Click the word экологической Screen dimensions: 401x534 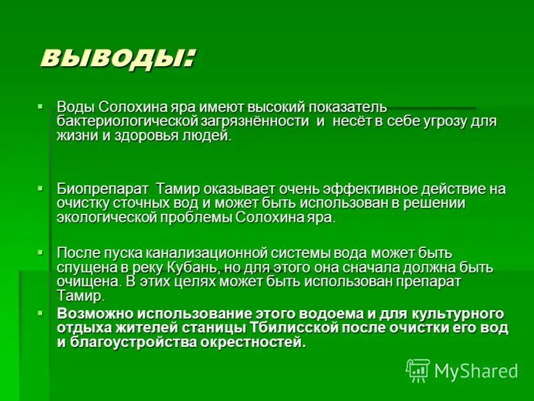coord(110,218)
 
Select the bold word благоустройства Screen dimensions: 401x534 coord(122,342)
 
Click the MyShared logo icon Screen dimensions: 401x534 coord(417,371)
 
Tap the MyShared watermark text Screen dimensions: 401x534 coord(476,371)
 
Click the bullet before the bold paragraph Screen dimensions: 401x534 coord(40,312)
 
